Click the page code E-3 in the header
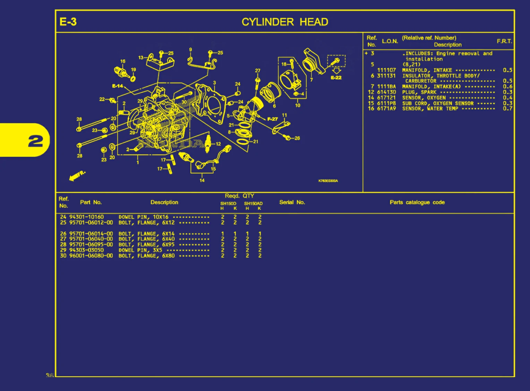click(x=68, y=22)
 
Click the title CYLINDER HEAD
click(x=285, y=22)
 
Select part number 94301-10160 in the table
click(x=86, y=217)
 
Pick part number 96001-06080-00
click(x=91, y=256)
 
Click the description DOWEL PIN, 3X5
click(x=140, y=250)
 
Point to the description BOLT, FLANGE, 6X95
click(x=146, y=245)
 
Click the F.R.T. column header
click(x=504, y=41)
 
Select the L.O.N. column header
click(x=390, y=41)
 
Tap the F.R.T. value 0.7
click(x=507, y=109)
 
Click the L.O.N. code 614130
click(x=386, y=92)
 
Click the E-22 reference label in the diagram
click(x=336, y=78)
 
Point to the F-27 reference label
click(x=272, y=119)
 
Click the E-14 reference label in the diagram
click(x=117, y=86)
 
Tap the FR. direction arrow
click(x=77, y=176)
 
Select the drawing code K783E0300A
click(x=328, y=181)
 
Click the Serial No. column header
click(x=292, y=202)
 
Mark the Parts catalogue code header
click(x=417, y=202)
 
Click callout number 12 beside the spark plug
click(x=218, y=144)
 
